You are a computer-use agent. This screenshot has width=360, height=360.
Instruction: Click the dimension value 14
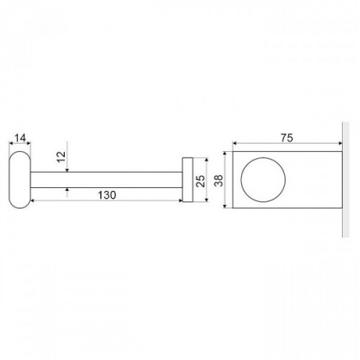click(20, 138)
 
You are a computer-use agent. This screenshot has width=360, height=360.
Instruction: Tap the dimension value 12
click(62, 157)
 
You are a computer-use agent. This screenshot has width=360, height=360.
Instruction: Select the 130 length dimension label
click(107, 195)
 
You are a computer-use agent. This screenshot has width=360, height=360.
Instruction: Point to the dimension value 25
click(201, 181)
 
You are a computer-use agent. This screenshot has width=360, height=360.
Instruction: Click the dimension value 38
click(219, 181)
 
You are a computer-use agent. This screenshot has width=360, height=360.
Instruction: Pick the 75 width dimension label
click(287, 138)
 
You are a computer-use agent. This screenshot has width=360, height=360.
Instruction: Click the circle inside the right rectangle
click(263, 158)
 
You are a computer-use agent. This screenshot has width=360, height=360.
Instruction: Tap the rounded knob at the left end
click(20, 179)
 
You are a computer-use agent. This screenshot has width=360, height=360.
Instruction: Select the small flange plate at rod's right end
click(187, 180)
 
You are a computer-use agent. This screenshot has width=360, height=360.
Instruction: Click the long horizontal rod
click(107, 180)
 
